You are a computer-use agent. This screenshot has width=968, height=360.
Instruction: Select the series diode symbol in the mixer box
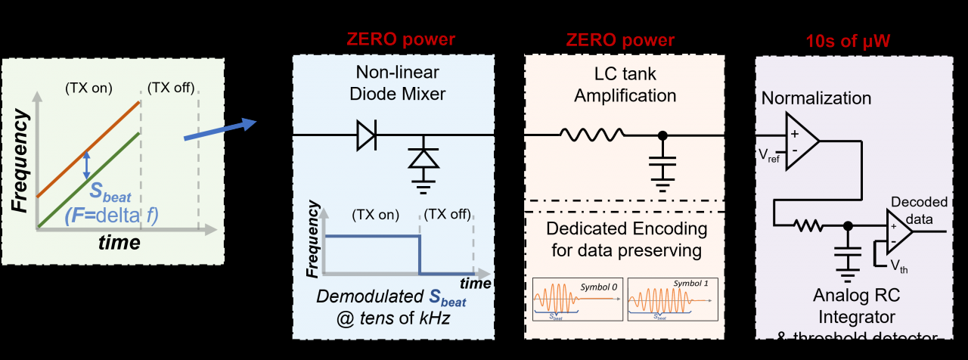coord(366,135)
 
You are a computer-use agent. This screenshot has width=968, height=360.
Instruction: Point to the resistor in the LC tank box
coord(591,135)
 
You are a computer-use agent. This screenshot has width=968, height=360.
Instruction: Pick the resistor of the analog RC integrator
coord(808,225)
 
